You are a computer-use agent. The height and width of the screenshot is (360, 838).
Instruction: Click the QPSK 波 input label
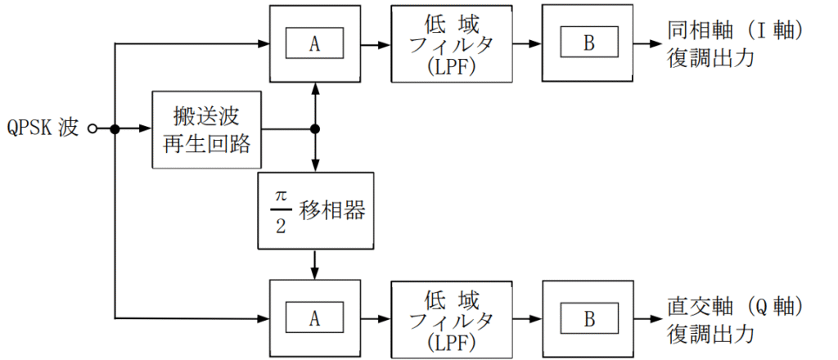click(43, 128)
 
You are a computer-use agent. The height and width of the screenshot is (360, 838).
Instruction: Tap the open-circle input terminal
click(92, 128)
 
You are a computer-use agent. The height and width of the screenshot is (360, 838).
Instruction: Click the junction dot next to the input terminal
click(115, 128)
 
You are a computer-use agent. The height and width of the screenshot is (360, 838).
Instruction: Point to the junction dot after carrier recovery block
click(315, 128)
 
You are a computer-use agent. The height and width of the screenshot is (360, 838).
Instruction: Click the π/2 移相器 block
click(315, 210)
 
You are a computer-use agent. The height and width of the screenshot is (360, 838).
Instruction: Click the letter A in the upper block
click(314, 44)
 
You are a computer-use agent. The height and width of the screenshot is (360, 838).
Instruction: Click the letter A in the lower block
click(314, 319)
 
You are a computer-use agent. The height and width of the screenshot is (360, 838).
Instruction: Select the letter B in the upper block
click(589, 44)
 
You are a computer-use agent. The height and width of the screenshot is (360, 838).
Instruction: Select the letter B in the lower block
click(589, 319)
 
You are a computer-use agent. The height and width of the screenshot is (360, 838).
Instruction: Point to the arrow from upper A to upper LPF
click(376, 44)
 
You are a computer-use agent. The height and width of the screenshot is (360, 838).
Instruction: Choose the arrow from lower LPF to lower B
click(528, 319)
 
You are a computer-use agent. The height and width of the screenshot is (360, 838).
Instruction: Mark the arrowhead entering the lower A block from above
click(315, 273)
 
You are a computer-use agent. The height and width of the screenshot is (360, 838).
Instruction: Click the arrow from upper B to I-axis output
click(649, 44)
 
